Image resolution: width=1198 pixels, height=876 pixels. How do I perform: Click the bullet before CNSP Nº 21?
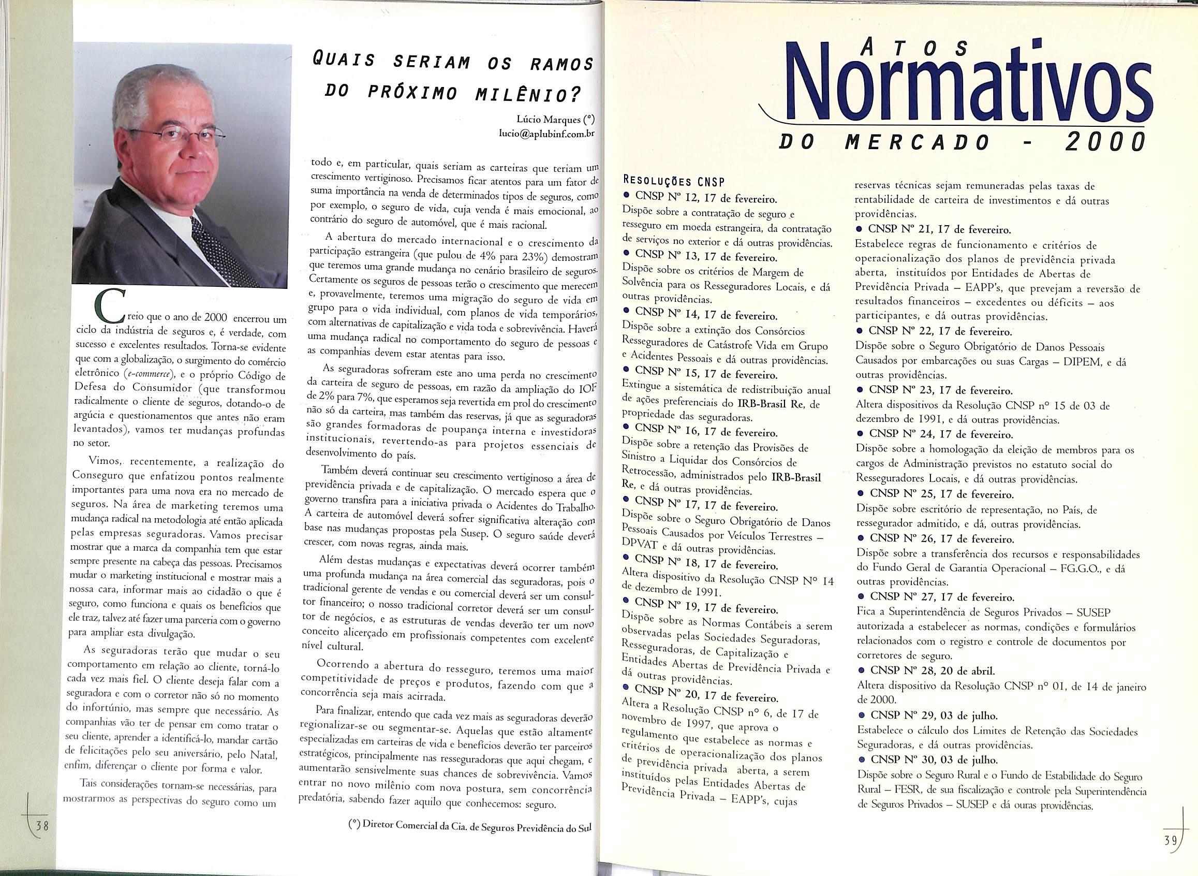pyautogui.click(x=860, y=231)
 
